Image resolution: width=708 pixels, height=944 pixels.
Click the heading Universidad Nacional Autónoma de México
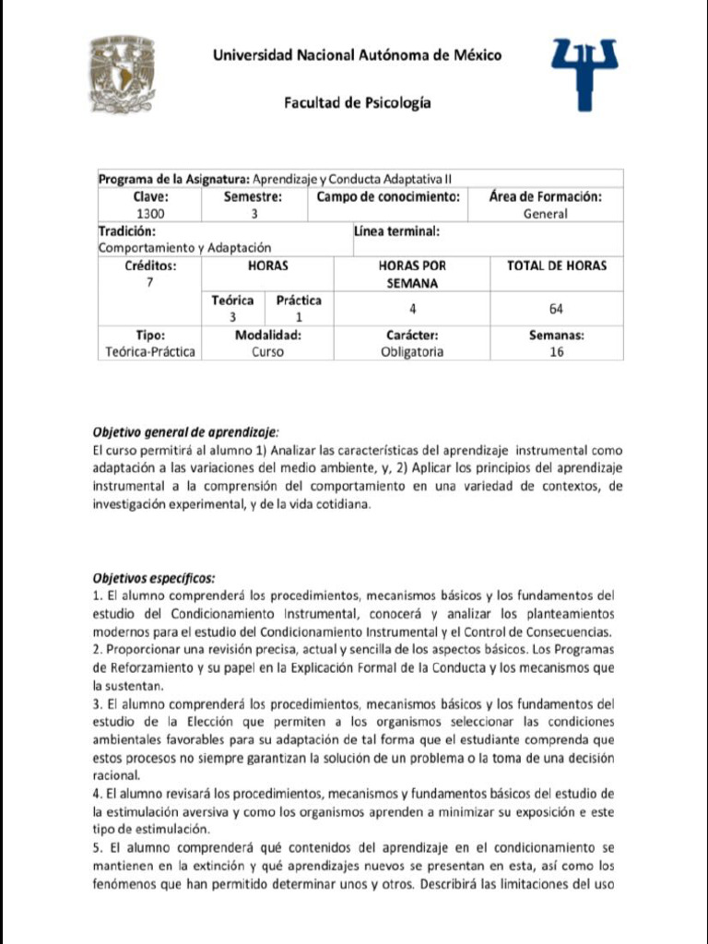click(x=357, y=55)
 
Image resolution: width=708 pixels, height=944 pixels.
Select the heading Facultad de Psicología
click(x=357, y=103)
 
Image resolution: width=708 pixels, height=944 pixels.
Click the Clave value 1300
click(x=149, y=214)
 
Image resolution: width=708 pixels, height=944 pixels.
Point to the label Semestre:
click(x=253, y=196)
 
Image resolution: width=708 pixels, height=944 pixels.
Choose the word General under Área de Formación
click(x=545, y=214)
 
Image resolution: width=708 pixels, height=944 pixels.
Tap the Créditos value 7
click(x=149, y=283)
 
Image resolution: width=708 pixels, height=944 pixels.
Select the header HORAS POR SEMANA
click(x=411, y=274)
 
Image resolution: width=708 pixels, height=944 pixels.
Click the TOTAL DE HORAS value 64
click(x=556, y=309)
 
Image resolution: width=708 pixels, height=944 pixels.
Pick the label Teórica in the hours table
click(x=232, y=301)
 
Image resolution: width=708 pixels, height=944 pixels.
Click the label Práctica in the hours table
click(x=299, y=301)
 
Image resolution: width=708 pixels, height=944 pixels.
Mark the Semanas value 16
click(x=556, y=352)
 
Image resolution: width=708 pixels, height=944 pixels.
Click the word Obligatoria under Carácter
click(x=411, y=352)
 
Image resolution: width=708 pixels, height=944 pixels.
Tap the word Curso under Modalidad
click(x=267, y=352)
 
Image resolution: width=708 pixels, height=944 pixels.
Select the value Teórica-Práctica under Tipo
click(x=149, y=352)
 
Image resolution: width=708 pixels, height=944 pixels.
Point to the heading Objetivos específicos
click(x=154, y=578)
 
